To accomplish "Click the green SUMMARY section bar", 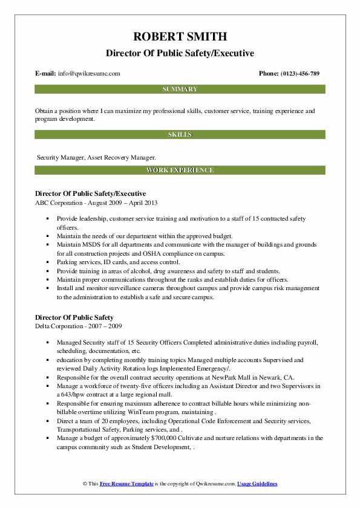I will (x=180, y=89).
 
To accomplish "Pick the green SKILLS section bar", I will (x=180, y=134).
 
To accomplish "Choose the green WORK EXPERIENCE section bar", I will (x=180, y=170).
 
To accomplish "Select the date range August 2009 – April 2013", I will (x=122, y=202).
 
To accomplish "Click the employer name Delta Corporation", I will (x=62, y=326).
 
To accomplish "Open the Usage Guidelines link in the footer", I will (x=257, y=484).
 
